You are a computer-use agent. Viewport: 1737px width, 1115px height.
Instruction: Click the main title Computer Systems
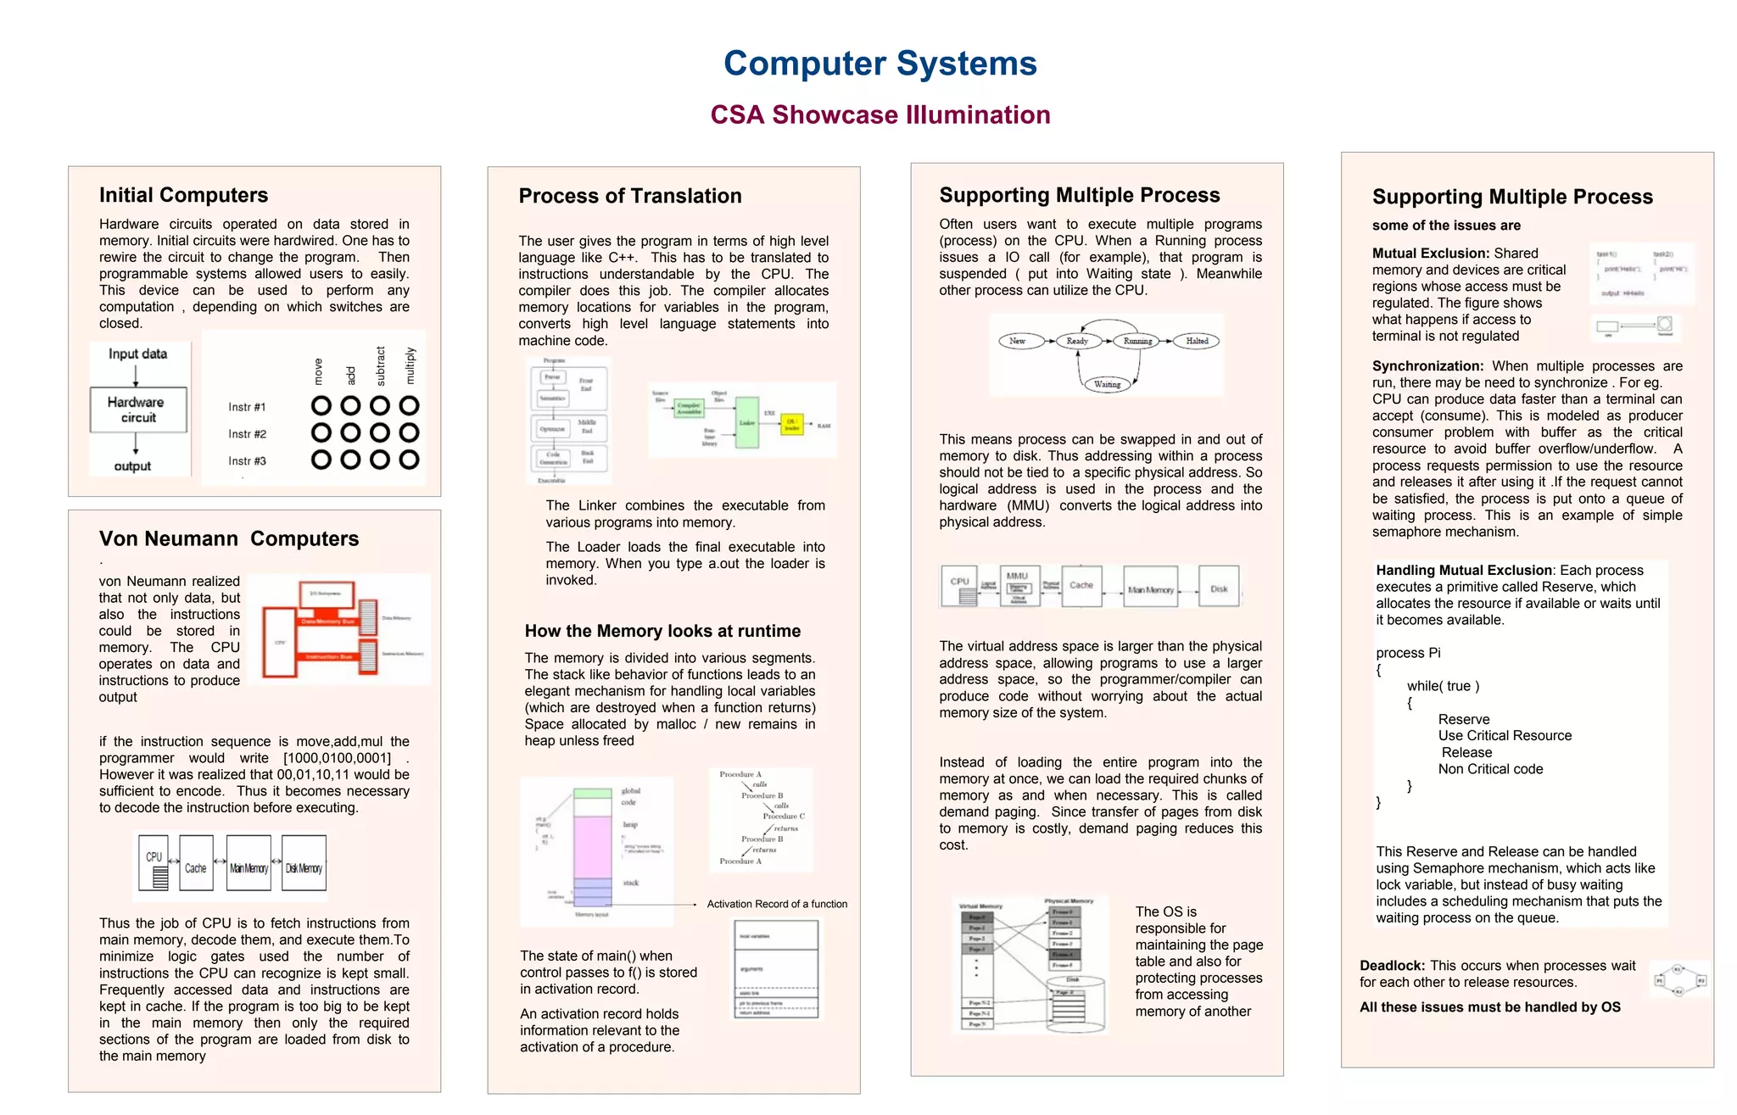pyautogui.click(x=880, y=64)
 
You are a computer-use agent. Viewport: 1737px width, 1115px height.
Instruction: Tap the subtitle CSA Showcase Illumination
pyautogui.click(x=880, y=114)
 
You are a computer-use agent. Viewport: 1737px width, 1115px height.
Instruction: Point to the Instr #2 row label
pyautogui.click(x=247, y=434)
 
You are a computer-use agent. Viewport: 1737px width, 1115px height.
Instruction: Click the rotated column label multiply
pyautogui.click(x=411, y=365)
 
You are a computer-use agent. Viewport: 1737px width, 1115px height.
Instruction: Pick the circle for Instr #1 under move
pyautogui.click(x=321, y=406)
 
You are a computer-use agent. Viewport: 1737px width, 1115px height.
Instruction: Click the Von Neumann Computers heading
pyautogui.click(x=229, y=539)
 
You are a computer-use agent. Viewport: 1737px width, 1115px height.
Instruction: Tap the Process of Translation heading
pyautogui.click(x=630, y=196)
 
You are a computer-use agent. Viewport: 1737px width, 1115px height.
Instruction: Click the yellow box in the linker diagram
pyautogui.click(x=791, y=424)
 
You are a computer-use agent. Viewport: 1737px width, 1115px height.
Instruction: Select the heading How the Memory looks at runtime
pyautogui.click(x=662, y=631)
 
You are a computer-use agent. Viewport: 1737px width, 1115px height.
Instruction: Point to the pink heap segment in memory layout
pyautogui.click(x=592, y=846)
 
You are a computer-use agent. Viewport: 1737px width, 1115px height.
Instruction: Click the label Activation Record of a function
pyautogui.click(x=777, y=904)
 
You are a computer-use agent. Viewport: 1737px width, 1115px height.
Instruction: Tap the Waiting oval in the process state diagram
pyautogui.click(x=1107, y=384)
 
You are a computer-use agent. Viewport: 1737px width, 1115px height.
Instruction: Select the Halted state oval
pyautogui.click(x=1197, y=341)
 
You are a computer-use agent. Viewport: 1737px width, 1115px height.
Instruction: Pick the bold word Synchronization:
pyautogui.click(x=1427, y=366)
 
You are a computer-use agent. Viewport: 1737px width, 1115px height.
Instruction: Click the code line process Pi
pyautogui.click(x=1408, y=653)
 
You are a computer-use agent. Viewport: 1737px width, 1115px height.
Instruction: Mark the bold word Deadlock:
pyautogui.click(x=1392, y=966)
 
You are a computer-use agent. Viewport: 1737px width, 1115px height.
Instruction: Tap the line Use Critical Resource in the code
pyautogui.click(x=1505, y=736)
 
